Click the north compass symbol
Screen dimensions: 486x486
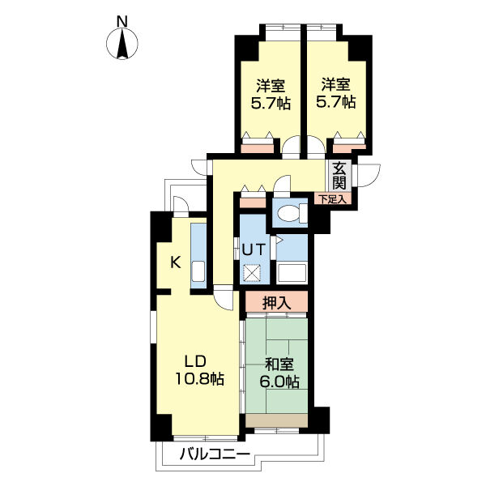(122, 44)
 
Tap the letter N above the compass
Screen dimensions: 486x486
(122, 21)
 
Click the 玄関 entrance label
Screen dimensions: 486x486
(339, 176)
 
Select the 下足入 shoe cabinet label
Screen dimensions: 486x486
(333, 199)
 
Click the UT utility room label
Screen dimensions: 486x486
(254, 249)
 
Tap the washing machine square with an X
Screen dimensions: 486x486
(252, 273)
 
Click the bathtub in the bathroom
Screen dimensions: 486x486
(292, 273)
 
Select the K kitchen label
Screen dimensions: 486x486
(176, 262)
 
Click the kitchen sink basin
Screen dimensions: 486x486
(198, 271)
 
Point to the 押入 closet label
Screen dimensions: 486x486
(277, 303)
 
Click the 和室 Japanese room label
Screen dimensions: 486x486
(279, 364)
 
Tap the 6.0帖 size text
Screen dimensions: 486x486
(279, 382)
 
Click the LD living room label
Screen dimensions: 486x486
(195, 361)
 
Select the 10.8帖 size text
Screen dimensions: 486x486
(200, 378)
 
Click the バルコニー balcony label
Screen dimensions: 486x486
(215, 455)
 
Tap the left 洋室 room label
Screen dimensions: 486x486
(271, 86)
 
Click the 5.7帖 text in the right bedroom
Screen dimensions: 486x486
(335, 102)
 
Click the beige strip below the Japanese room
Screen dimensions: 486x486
(277, 420)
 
